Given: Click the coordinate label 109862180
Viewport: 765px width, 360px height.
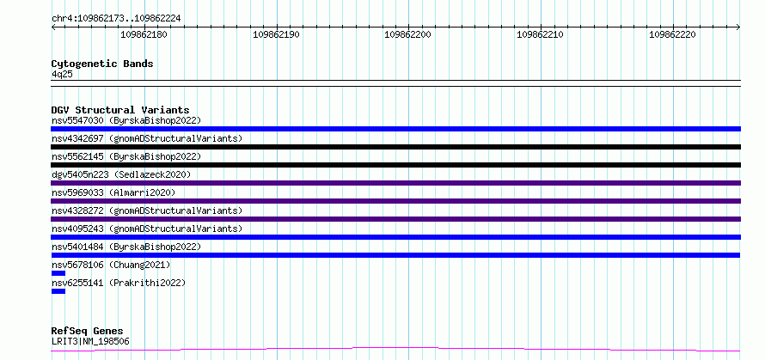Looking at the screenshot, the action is click(144, 34).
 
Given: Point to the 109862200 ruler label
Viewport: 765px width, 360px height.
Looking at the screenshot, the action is click(408, 34).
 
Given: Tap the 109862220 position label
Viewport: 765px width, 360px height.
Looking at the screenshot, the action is click(672, 34).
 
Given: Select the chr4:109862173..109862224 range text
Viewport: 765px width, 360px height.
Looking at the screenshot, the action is click(116, 19).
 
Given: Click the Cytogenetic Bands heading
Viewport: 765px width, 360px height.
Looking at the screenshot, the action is click(102, 64).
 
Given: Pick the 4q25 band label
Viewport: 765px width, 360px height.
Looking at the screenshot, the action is click(62, 75).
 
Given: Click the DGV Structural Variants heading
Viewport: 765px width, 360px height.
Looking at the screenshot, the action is click(120, 110).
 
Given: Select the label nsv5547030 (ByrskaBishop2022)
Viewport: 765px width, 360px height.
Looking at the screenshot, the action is click(126, 120).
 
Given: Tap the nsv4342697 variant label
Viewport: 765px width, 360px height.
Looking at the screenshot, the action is click(77, 138).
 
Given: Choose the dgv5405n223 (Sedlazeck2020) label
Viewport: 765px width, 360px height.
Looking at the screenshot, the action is click(121, 174).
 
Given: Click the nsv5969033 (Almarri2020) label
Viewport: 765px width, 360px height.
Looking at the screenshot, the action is click(113, 192).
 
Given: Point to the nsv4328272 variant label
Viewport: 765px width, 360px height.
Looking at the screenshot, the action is click(77, 211).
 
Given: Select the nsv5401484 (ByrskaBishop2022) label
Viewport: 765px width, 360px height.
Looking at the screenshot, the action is click(126, 247).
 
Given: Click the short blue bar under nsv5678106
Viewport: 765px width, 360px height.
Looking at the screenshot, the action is click(58, 273).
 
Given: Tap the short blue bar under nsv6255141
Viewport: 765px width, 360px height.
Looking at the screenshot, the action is click(58, 291).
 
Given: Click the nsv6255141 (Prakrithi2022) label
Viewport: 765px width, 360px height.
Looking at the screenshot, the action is click(119, 283).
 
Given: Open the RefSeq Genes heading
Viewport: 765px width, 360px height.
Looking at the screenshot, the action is click(87, 332).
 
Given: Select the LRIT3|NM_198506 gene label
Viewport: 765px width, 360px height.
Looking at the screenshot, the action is click(91, 341).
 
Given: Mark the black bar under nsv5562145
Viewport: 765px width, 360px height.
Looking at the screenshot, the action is click(395, 165).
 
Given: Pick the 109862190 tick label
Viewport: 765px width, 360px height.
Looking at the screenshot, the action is click(277, 34).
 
